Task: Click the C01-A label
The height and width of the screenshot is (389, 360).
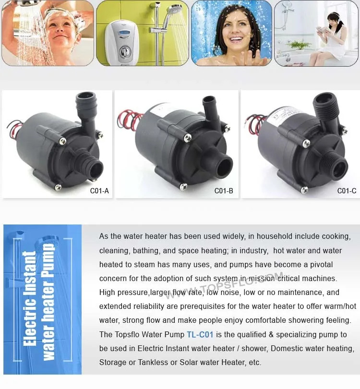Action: [x=99, y=191]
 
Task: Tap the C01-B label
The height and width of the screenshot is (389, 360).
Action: [x=224, y=191]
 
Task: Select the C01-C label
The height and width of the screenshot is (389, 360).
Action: [x=347, y=191]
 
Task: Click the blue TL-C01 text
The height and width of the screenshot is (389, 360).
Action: [x=200, y=334]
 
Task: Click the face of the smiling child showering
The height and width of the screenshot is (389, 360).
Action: [x=65, y=32]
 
